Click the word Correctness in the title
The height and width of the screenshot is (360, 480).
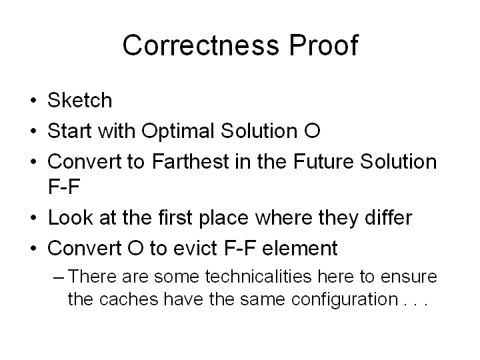click(x=201, y=45)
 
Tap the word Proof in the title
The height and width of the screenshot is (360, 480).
click(x=323, y=45)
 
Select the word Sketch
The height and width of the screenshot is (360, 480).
click(x=80, y=100)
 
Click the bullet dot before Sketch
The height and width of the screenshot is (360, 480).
click(x=34, y=100)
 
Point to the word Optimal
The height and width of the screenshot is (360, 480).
click(x=177, y=131)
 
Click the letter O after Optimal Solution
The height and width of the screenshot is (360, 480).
click(x=312, y=131)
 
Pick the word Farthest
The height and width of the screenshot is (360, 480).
click(x=191, y=161)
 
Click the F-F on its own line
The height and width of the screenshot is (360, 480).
click(x=64, y=186)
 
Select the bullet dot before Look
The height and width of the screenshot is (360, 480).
click(x=34, y=217)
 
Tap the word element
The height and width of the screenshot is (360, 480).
click(x=300, y=248)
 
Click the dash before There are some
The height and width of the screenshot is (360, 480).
click(x=59, y=277)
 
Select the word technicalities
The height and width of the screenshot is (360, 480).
click(x=258, y=276)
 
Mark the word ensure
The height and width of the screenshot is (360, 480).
click(x=409, y=277)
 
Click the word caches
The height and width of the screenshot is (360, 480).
click(x=129, y=299)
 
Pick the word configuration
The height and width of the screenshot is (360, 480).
click(x=345, y=300)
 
